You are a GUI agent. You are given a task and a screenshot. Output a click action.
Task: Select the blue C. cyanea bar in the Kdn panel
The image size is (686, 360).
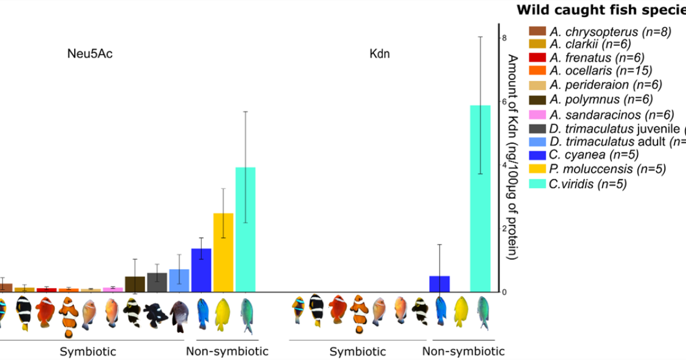click(x=440, y=283)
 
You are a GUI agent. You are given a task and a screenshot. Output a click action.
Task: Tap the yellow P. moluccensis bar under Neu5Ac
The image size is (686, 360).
click(x=223, y=252)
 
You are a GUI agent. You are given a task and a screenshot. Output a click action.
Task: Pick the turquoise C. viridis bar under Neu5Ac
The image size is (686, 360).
click(x=245, y=229)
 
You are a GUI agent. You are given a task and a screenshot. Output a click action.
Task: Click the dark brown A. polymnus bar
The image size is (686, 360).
click(x=135, y=284)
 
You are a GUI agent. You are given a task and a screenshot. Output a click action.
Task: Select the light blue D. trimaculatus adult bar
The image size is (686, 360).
click(x=179, y=280)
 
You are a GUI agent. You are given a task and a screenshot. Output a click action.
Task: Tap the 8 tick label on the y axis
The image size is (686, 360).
click(x=504, y=38)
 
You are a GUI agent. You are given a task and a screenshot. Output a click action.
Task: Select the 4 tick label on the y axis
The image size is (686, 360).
click(x=504, y=165)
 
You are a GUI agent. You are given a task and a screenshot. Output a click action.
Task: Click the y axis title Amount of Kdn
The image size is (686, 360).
click(x=513, y=157)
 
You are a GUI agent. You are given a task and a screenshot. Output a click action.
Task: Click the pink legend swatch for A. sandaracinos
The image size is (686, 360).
click(x=537, y=113)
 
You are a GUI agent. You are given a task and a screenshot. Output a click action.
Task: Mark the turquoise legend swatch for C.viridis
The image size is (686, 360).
click(x=537, y=184)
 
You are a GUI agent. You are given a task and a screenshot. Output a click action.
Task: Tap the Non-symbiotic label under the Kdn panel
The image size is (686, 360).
click(x=464, y=350)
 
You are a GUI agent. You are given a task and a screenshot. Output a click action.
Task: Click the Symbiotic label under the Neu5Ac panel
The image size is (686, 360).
click(x=88, y=350)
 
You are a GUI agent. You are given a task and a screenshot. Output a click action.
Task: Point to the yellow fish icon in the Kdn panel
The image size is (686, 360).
click(x=461, y=311)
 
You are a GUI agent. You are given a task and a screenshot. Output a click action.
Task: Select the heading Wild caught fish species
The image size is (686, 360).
click(x=600, y=10)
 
